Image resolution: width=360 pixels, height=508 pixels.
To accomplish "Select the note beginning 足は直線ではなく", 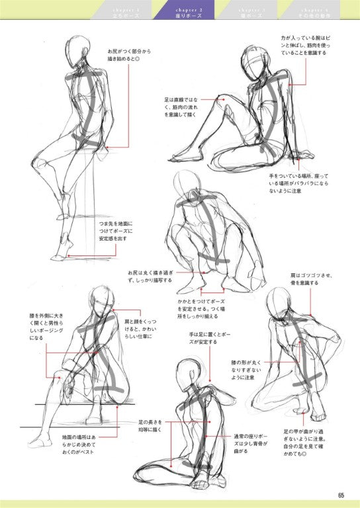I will click(180, 106).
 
